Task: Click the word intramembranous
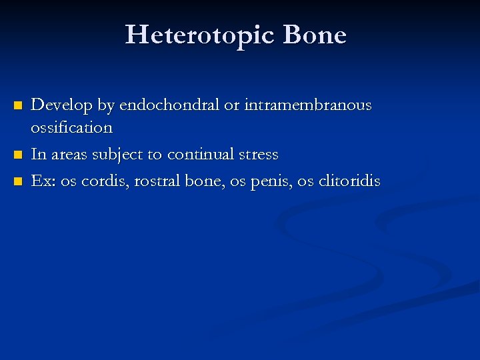click(x=308, y=105)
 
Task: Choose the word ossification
click(x=72, y=127)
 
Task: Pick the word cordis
click(x=105, y=181)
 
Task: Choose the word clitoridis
click(x=347, y=181)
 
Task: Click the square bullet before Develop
click(x=19, y=106)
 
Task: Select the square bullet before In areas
click(x=19, y=155)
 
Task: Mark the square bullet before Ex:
click(x=19, y=181)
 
